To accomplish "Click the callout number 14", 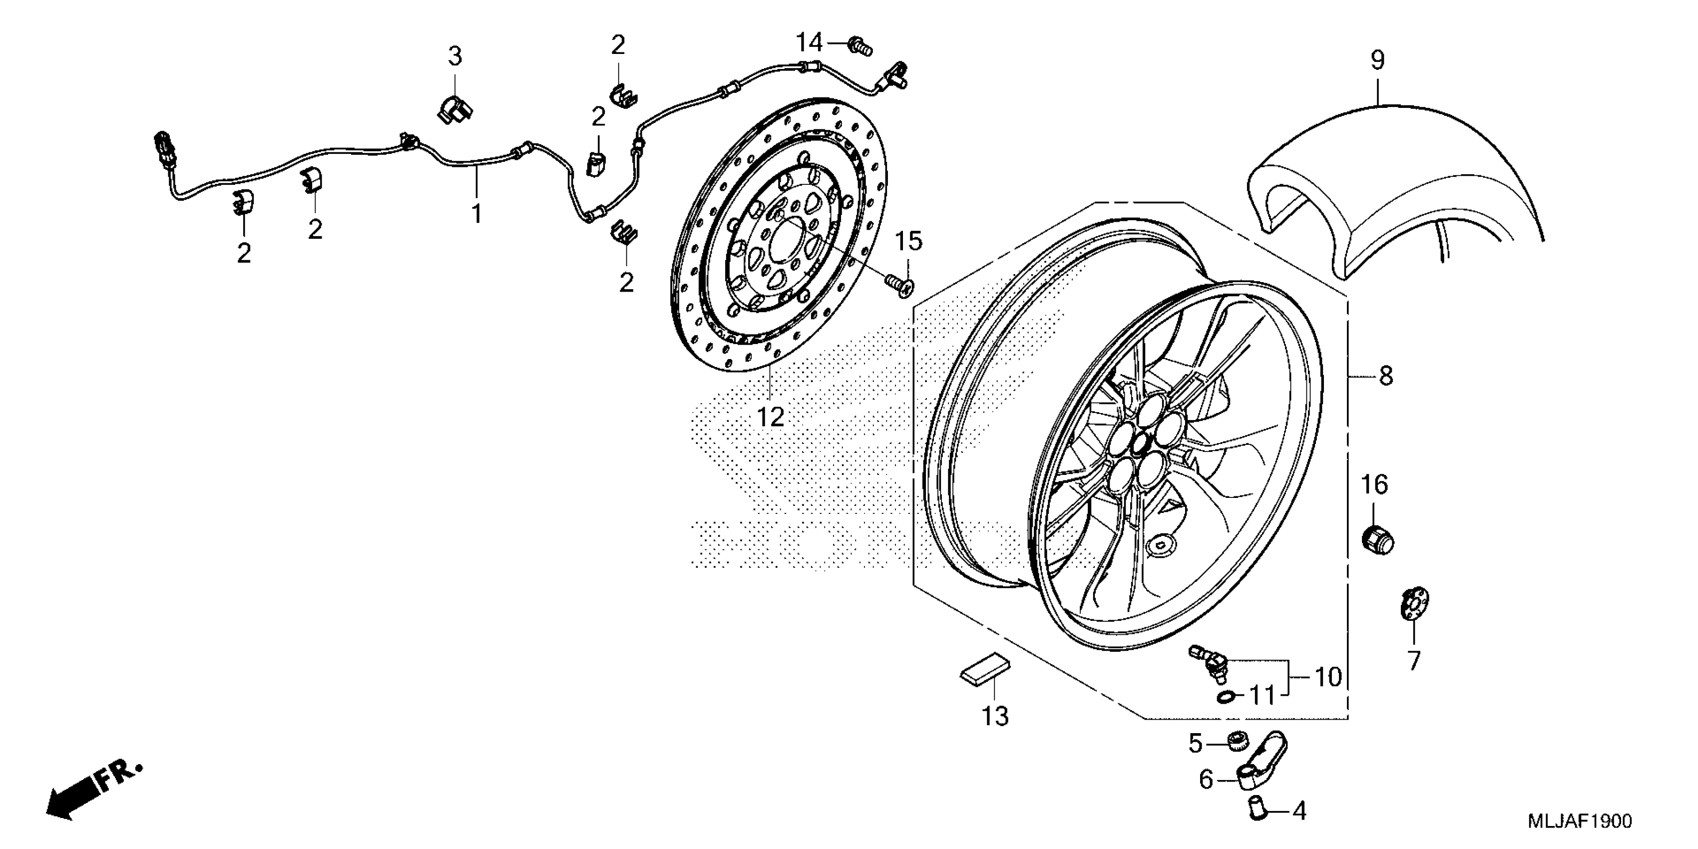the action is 810,43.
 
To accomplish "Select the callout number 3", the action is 455,57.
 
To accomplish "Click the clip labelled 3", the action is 455,109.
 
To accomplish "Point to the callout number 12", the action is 770,417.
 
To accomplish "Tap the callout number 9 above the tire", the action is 1378,60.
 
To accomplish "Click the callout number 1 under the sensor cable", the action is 476,214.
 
